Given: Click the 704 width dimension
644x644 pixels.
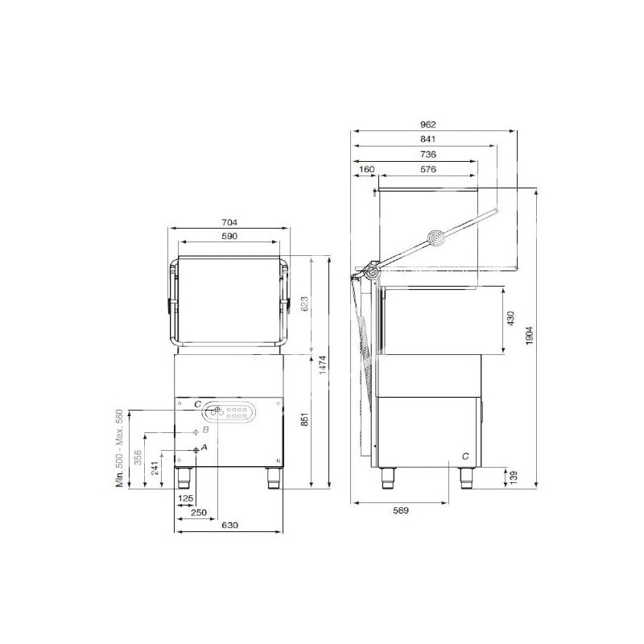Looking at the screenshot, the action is [x=229, y=223].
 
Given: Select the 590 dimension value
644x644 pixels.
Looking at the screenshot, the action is [x=229, y=236].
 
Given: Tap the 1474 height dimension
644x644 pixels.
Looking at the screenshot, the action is [x=323, y=365].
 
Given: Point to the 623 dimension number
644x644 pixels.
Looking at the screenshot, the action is [x=304, y=304].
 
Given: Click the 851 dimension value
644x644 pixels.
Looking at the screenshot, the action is [x=304, y=419].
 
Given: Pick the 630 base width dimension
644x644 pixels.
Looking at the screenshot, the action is [x=229, y=526].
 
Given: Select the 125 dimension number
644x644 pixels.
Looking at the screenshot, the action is [x=186, y=498].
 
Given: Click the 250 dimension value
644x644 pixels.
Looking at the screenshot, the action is [x=199, y=513].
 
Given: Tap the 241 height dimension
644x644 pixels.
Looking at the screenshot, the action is [x=155, y=469].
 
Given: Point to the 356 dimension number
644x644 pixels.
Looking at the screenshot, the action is [x=138, y=457].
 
